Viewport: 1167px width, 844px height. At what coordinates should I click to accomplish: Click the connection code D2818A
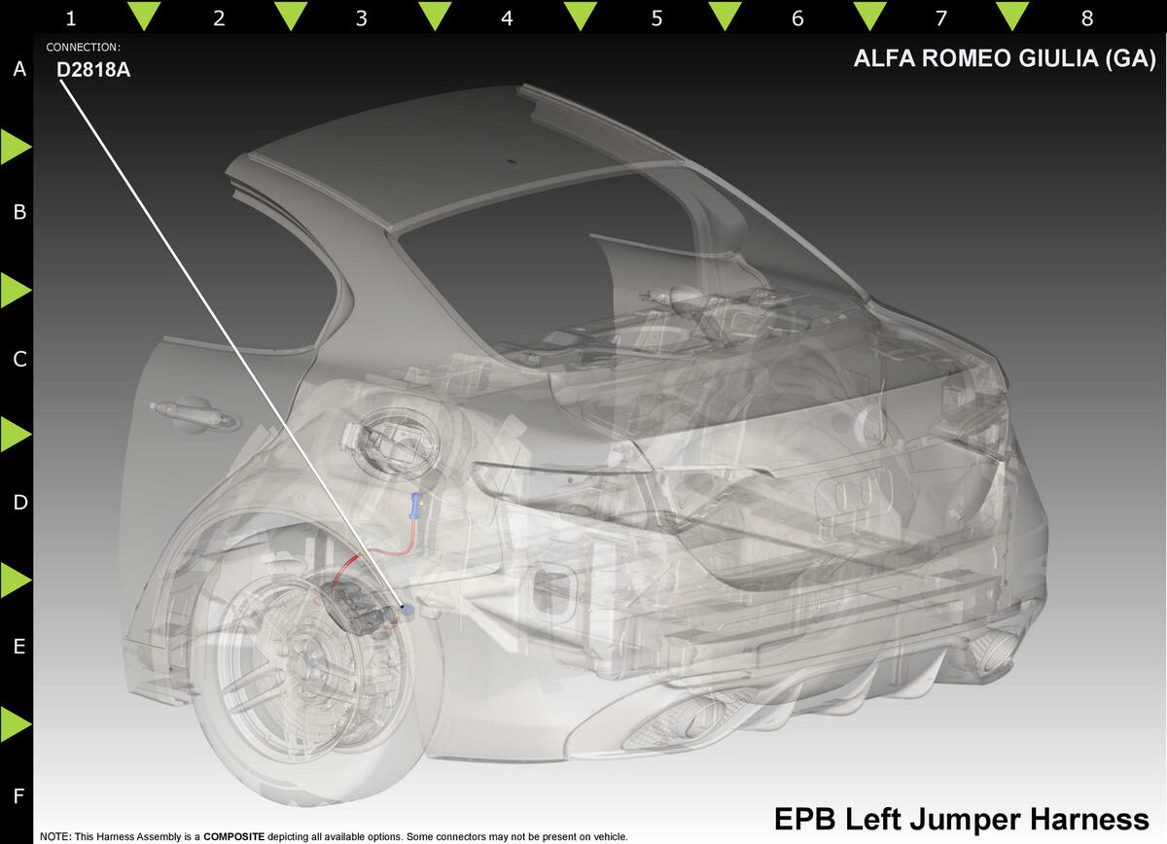pos(93,70)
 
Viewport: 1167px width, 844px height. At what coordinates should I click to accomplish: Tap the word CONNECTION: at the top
pos(84,48)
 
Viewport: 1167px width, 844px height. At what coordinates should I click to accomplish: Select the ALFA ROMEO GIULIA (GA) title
pos(1005,58)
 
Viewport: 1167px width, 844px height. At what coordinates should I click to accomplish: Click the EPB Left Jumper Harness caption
pos(961,820)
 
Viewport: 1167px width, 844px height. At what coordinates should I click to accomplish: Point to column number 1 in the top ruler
pos(71,18)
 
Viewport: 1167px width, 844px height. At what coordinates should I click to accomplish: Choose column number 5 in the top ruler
pos(656,18)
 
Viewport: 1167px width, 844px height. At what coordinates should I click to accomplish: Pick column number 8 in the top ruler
pos(1087,18)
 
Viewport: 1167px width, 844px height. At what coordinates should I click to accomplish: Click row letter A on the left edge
pos(19,69)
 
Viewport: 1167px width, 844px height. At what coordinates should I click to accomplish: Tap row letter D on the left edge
pos(19,503)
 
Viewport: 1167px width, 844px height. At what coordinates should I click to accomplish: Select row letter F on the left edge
pos(18,796)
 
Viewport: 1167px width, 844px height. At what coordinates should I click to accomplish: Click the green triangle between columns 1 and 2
pos(144,15)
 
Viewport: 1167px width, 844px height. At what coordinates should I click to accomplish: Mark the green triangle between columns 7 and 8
pos(1011,15)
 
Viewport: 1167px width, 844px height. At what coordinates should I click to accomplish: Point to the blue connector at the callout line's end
pos(407,609)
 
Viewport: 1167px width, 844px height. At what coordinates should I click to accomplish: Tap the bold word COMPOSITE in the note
pos(234,836)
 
